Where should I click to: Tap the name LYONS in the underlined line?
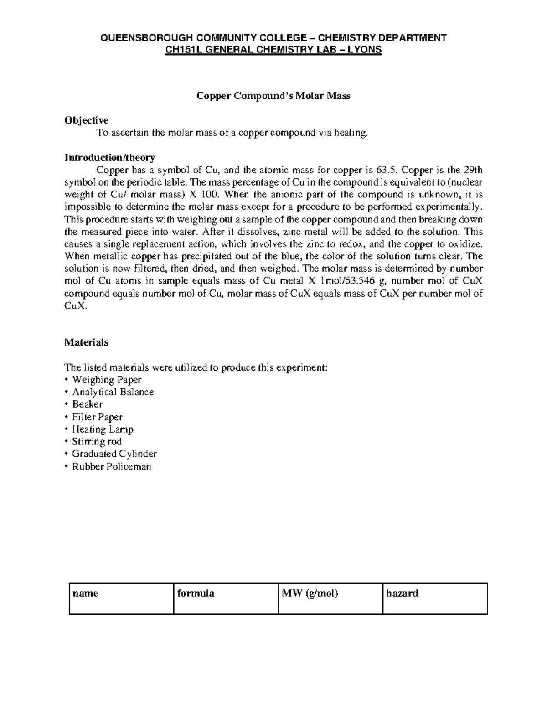tap(365, 49)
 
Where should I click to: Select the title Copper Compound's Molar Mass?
tap(273, 96)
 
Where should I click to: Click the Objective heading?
tap(86, 120)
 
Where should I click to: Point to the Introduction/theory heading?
tap(109, 158)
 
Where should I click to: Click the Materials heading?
tap(86, 342)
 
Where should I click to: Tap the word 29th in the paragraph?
tap(473, 171)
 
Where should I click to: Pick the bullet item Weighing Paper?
tap(107, 380)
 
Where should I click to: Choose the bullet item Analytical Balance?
tap(113, 392)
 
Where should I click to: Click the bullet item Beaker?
tap(87, 404)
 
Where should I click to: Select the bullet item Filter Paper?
tap(97, 417)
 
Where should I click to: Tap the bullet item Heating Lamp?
tap(103, 429)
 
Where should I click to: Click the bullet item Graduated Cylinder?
tap(114, 454)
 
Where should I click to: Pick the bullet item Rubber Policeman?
tap(111, 466)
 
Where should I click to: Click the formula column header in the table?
tap(196, 594)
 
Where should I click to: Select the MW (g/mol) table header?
tap(310, 594)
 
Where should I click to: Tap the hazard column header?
tap(402, 594)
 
